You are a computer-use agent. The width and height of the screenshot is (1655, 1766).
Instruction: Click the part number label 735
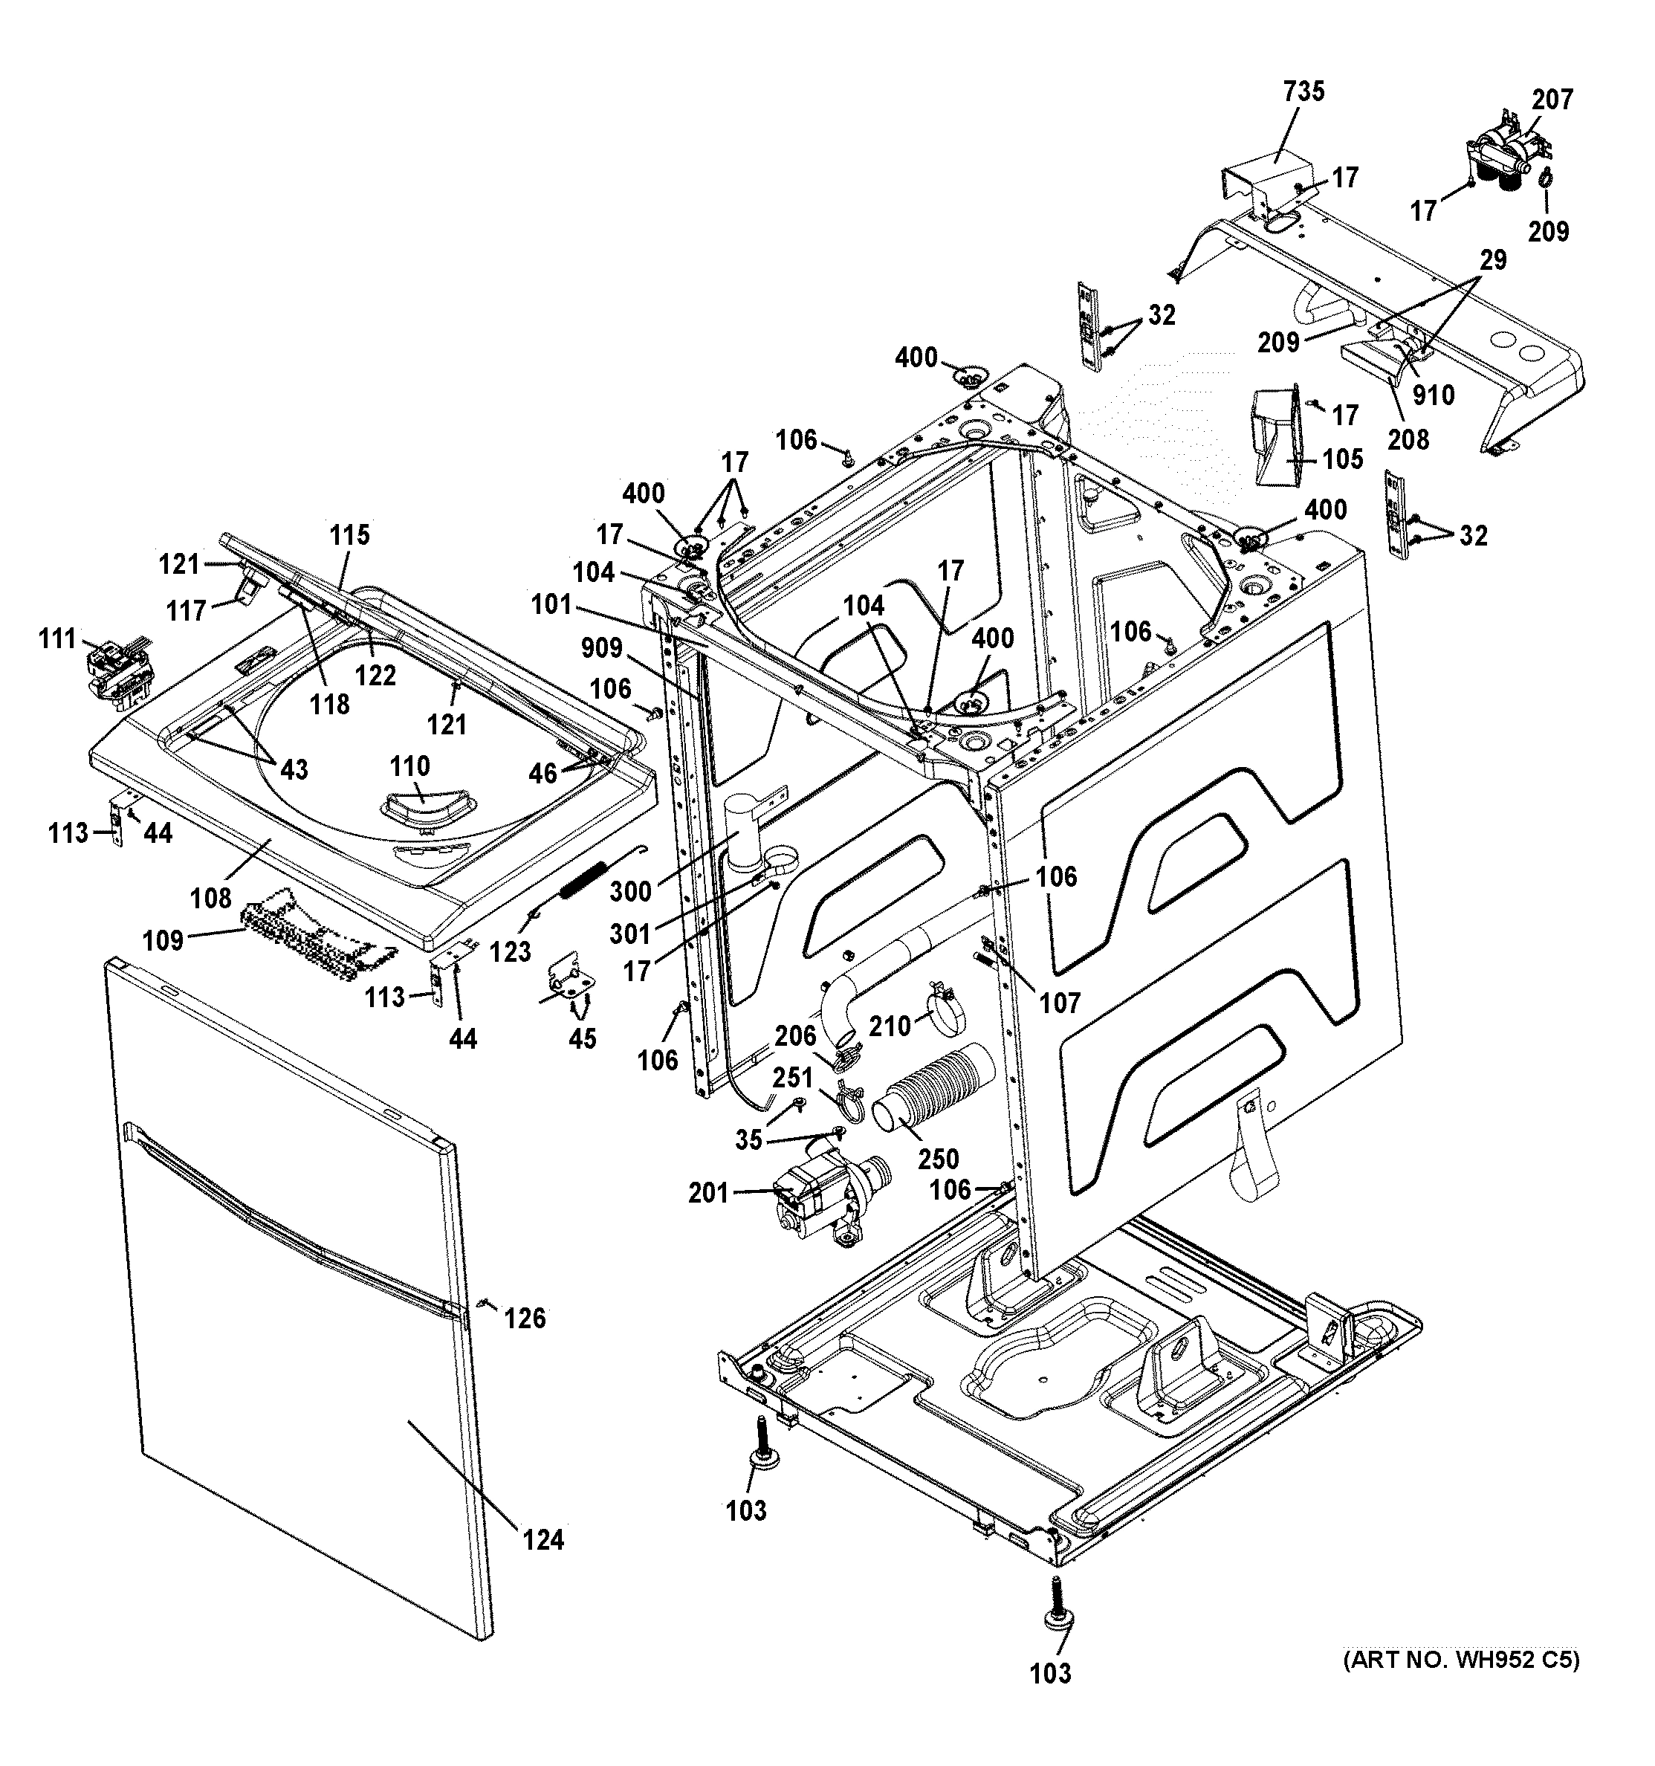pos(1303,91)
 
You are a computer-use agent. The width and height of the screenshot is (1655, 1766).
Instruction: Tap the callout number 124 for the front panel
pos(543,1539)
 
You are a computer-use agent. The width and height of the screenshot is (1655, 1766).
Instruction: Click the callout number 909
pos(601,647)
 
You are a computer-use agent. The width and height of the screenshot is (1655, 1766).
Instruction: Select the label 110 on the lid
pos(409,766)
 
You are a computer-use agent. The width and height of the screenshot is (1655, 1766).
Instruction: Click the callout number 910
pos(1433,395)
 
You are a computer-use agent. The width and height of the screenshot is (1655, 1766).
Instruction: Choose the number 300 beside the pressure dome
pos(631,890)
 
